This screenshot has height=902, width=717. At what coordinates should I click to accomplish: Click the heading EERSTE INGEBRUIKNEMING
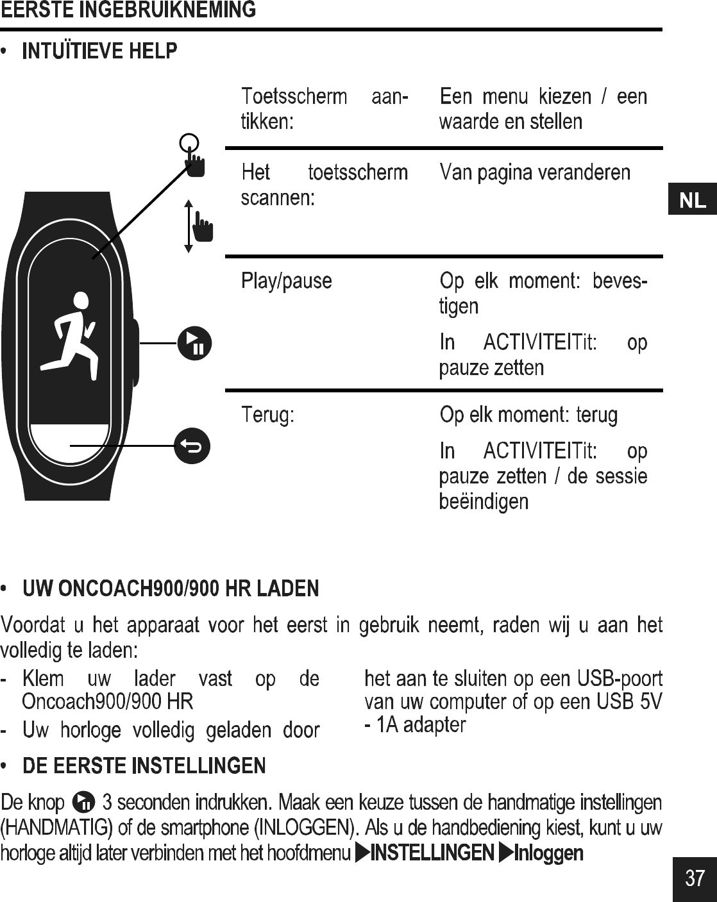pos(128,10)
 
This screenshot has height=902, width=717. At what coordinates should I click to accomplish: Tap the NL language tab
pos(692,201)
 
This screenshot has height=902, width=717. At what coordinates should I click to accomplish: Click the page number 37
pos(695,878)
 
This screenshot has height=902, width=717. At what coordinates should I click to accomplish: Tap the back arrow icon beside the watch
pos(192,444)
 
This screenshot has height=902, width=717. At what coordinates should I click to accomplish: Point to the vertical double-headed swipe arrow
pos(189,226)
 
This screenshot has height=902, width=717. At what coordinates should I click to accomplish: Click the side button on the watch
pos(135,352)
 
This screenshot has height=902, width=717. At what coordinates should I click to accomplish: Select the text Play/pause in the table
pos(286,281)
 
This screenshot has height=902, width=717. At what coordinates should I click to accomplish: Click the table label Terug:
pos(267,415)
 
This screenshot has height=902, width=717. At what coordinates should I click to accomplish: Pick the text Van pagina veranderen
pos(535,172)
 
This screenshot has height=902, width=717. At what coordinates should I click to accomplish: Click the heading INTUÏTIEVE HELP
pos(99,51)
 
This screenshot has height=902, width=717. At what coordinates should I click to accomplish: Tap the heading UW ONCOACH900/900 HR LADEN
pos(171,588)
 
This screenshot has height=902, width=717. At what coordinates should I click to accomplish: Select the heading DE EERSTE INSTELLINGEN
pos(144,765)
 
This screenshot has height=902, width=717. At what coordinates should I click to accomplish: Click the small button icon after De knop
pos(84,802)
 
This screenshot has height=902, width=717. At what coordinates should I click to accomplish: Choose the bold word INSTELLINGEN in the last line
pos(432,853)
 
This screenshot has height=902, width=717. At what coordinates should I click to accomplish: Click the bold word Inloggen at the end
pos(549,853)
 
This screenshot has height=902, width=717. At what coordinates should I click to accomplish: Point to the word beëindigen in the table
pos(484,501)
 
